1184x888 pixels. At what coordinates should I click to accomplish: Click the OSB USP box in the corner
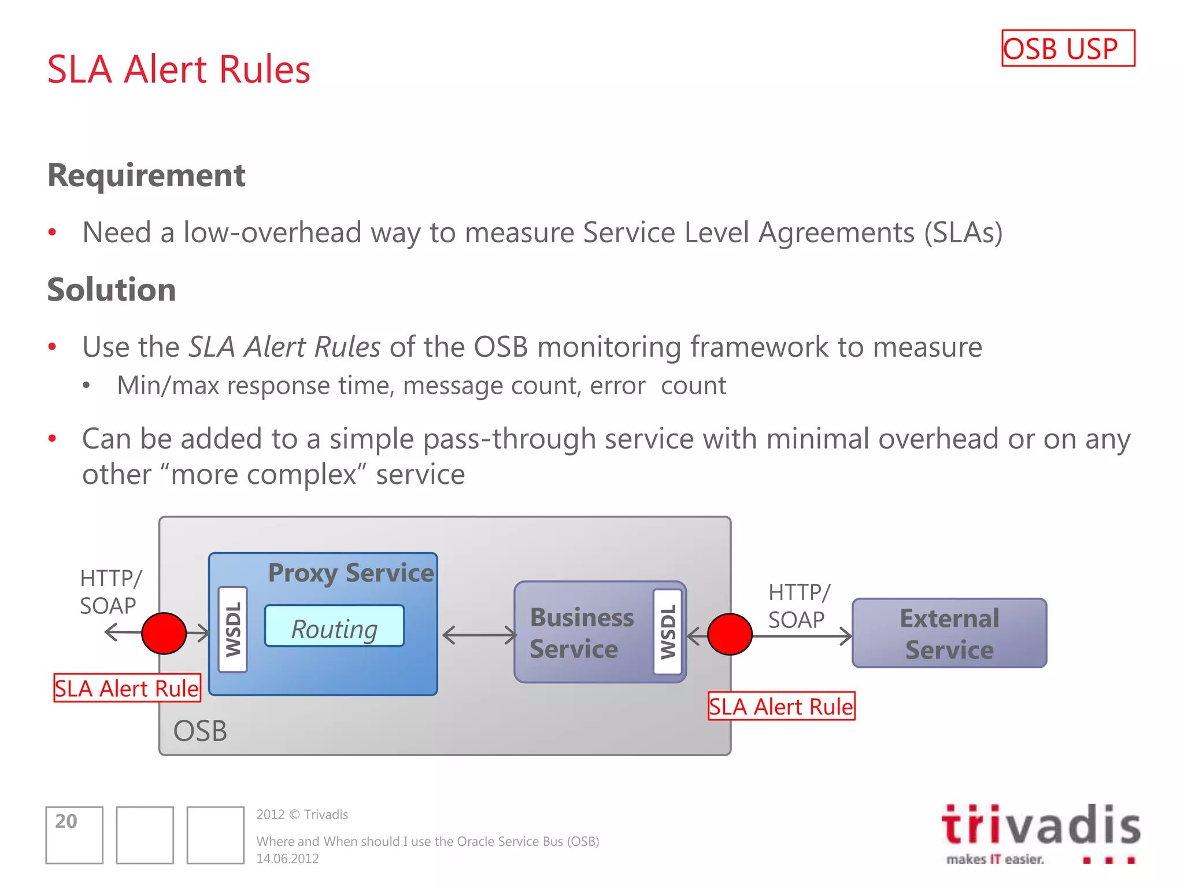[1068, 49]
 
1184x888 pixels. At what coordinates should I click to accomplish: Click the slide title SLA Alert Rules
[179, 69]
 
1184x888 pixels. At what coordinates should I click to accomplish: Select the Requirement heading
[146, 175]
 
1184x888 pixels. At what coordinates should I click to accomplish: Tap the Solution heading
[112, 290]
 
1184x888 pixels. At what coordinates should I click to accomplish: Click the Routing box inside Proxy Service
[334, 626]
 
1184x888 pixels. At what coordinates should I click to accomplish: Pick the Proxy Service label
[351, 573]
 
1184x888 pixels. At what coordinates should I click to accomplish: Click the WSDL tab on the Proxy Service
[233, 630]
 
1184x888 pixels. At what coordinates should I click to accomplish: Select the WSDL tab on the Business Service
[668, 632]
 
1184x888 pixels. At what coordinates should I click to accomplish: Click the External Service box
[949, 634]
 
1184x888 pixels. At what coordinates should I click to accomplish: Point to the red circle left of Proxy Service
[164, 634]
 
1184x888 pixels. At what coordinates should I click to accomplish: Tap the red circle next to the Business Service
[730, 634]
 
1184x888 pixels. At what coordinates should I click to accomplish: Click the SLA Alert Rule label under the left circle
[127, 688]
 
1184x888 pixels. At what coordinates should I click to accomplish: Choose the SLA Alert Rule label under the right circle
[781, 706]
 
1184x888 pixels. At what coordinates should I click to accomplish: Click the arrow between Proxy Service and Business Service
[479, 635]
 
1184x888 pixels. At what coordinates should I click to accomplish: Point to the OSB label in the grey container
[200, 731]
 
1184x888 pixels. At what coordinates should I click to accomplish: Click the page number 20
[66, 822]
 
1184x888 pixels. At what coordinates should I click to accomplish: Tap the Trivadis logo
[1041, 832]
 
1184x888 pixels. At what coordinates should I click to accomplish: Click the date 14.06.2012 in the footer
[288, 859]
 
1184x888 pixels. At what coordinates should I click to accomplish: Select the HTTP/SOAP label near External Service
[798, 606]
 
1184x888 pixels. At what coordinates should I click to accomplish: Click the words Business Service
[581, 633]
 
